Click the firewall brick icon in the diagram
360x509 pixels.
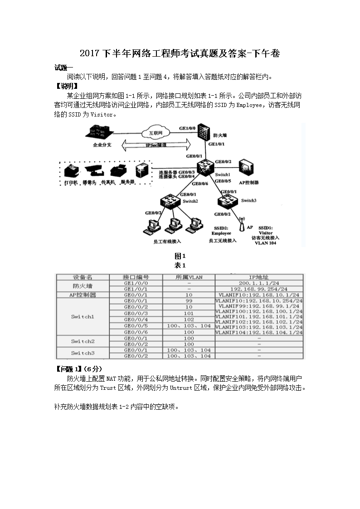[204, 135]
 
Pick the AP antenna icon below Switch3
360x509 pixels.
[241, 226]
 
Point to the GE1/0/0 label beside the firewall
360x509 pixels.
[187, 129]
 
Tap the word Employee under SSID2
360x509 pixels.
[221, 233]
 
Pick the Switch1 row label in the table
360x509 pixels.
[82, 317]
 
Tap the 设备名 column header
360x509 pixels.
[83, 276]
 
